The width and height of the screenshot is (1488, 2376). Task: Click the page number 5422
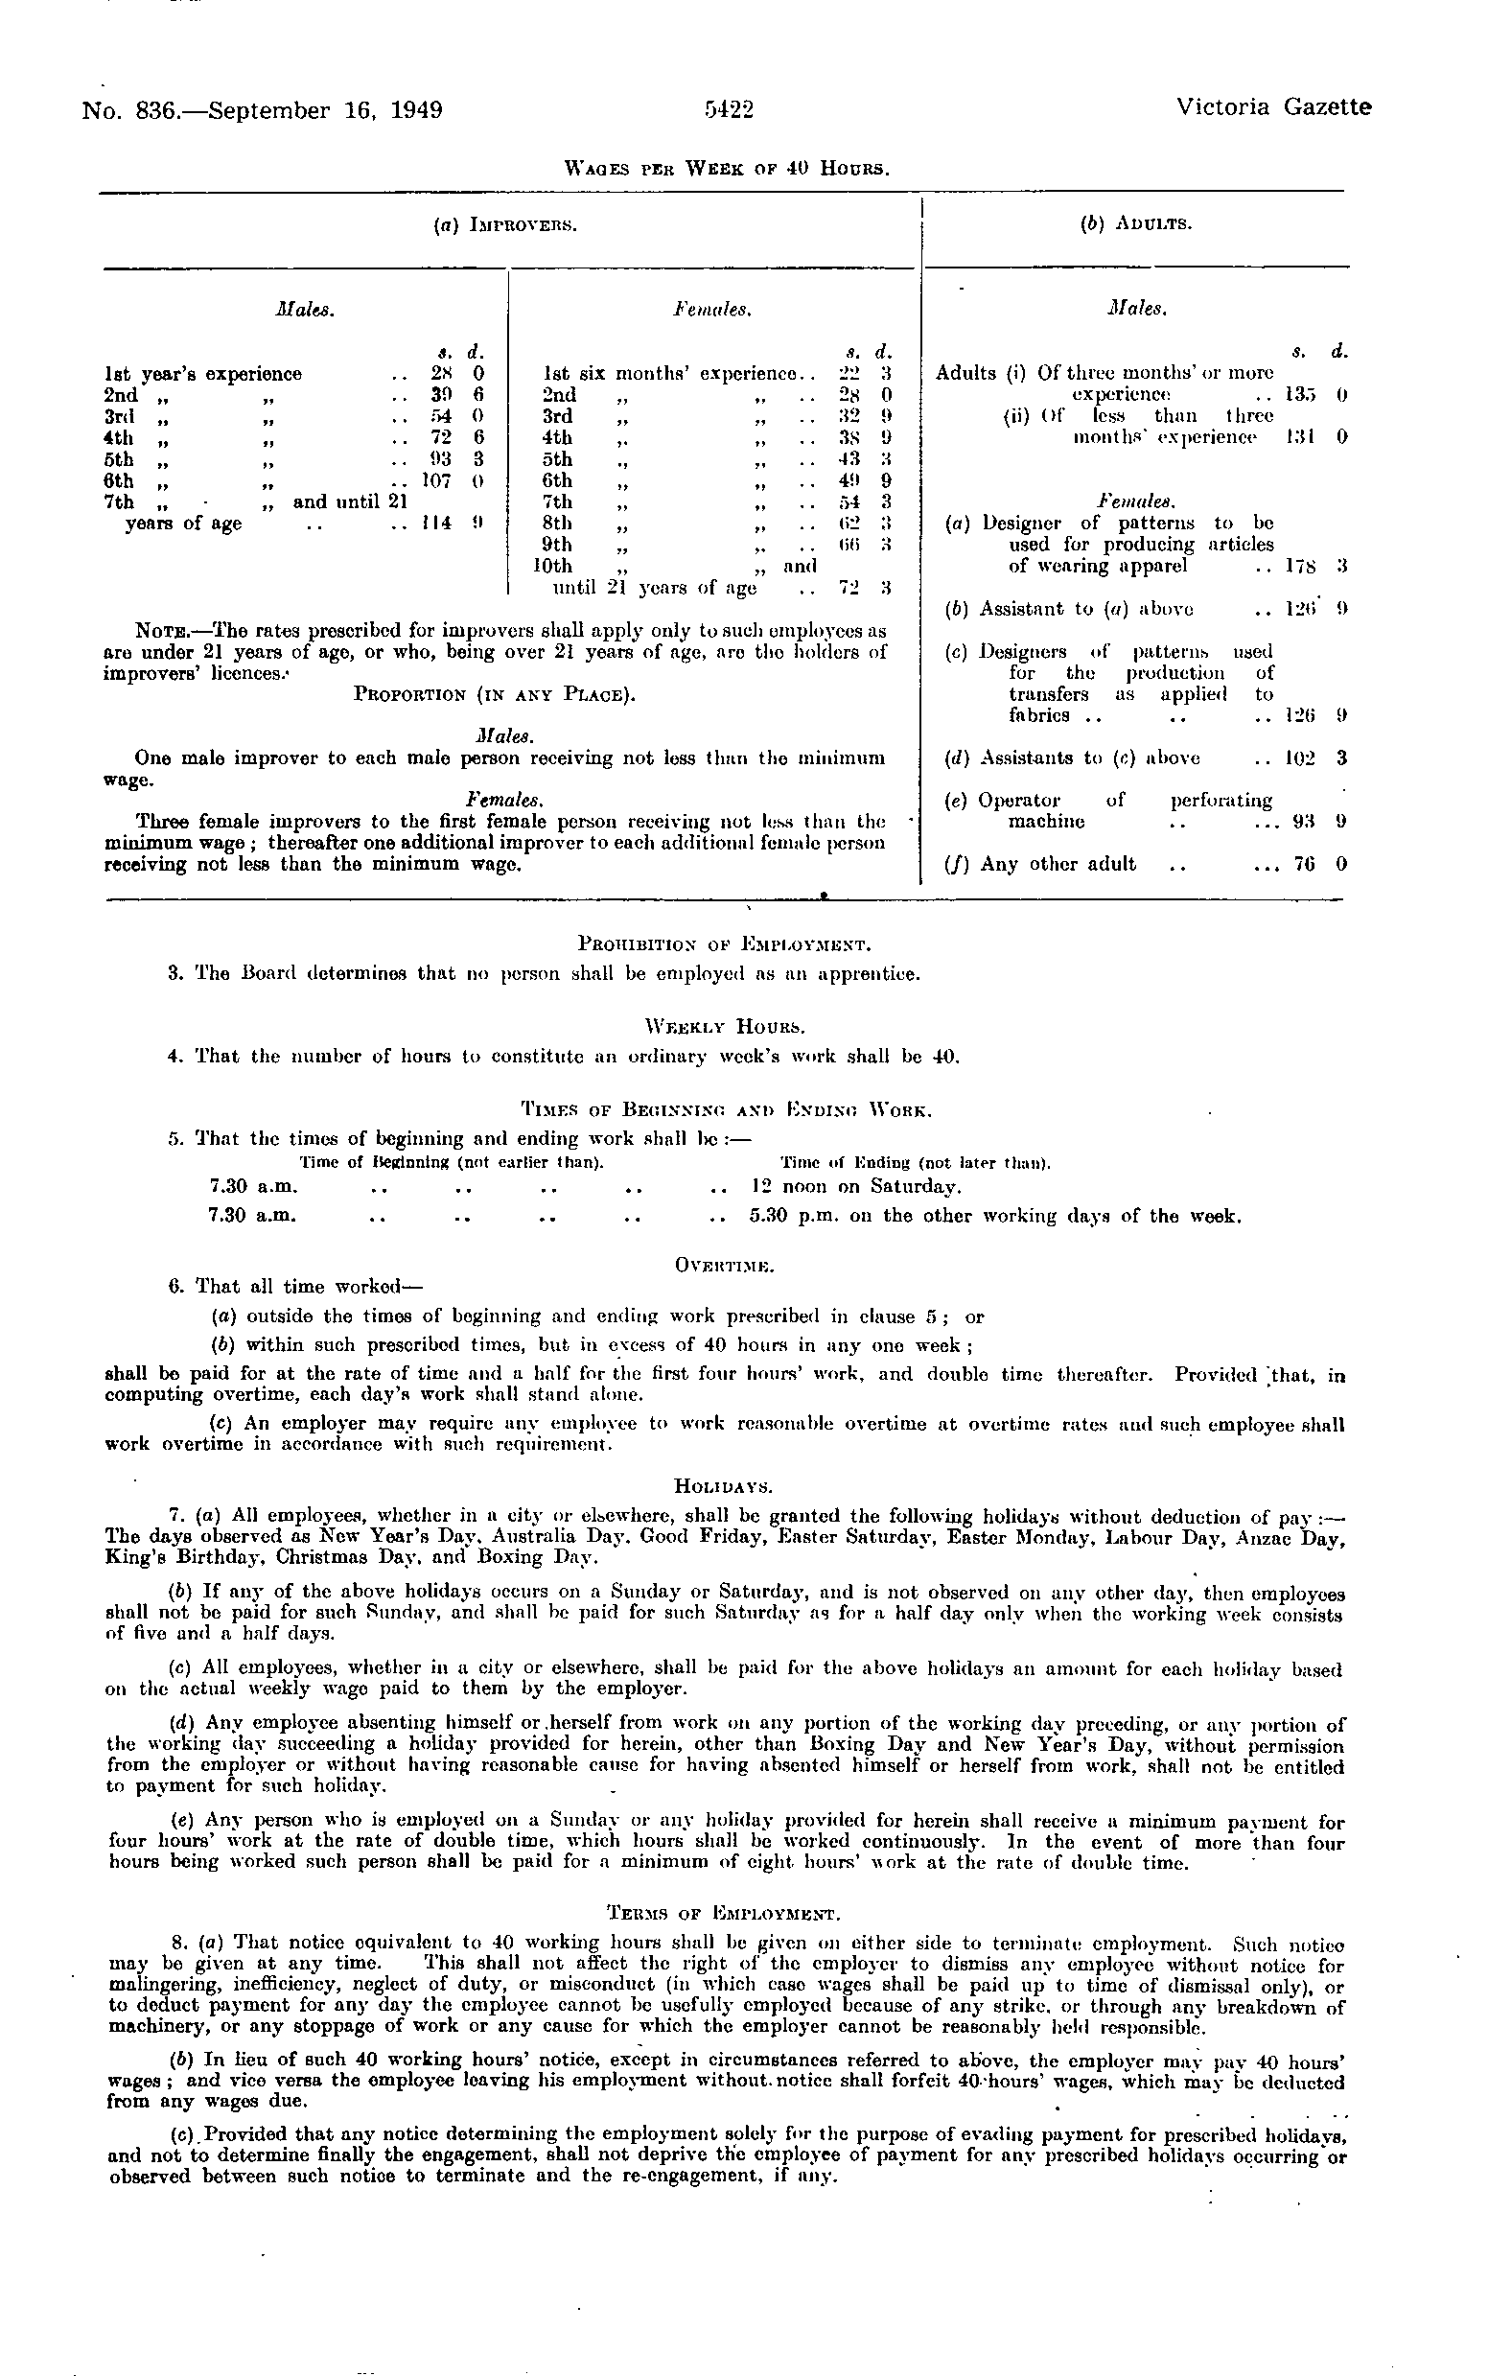730,109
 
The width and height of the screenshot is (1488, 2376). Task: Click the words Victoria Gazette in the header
1272,107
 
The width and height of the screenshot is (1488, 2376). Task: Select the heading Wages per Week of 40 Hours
730,168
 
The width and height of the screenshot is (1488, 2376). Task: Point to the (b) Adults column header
1136,224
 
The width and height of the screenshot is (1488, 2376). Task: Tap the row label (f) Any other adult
1040,864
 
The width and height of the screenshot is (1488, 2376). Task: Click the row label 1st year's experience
202,374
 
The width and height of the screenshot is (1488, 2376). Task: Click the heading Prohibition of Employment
724,945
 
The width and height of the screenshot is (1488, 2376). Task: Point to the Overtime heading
725,1263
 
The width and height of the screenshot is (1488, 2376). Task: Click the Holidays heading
724,1485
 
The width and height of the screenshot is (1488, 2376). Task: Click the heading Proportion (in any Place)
494,695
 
